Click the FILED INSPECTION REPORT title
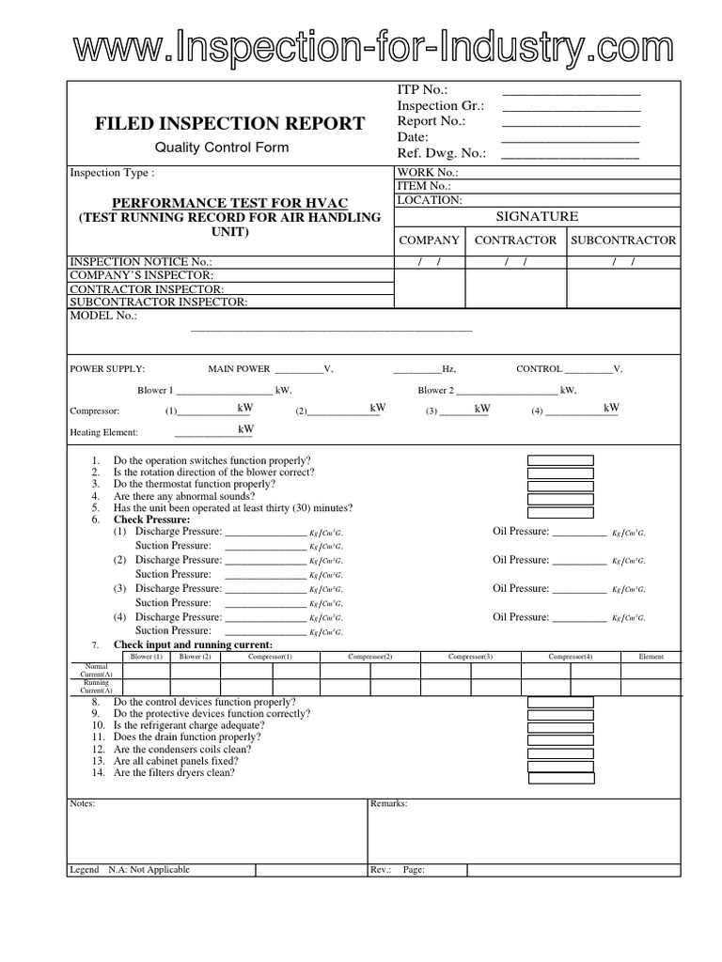tap(229, 123)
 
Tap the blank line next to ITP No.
tap(571, 90)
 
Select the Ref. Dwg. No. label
tap(441, 153)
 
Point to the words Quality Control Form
tap(222, 147)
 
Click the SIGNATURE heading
tap(537, 217)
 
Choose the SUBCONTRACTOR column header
tap(623, 240)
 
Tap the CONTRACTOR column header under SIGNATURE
tap(515, 240)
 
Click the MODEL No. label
tap(103, 317)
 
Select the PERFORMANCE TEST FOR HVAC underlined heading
tap(229, 203)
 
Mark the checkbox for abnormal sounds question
tap(560, 496)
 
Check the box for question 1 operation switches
tap(560, 460)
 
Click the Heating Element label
tap(104, 432)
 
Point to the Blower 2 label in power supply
tap(436, 390)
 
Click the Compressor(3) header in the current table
tap(470, 657)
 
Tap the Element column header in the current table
tap(651, 657)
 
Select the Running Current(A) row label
tap(96, 687)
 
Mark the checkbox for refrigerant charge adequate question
tap(560, 726)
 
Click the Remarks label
tap(389, 804)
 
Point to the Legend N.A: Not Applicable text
tap(130, 870)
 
